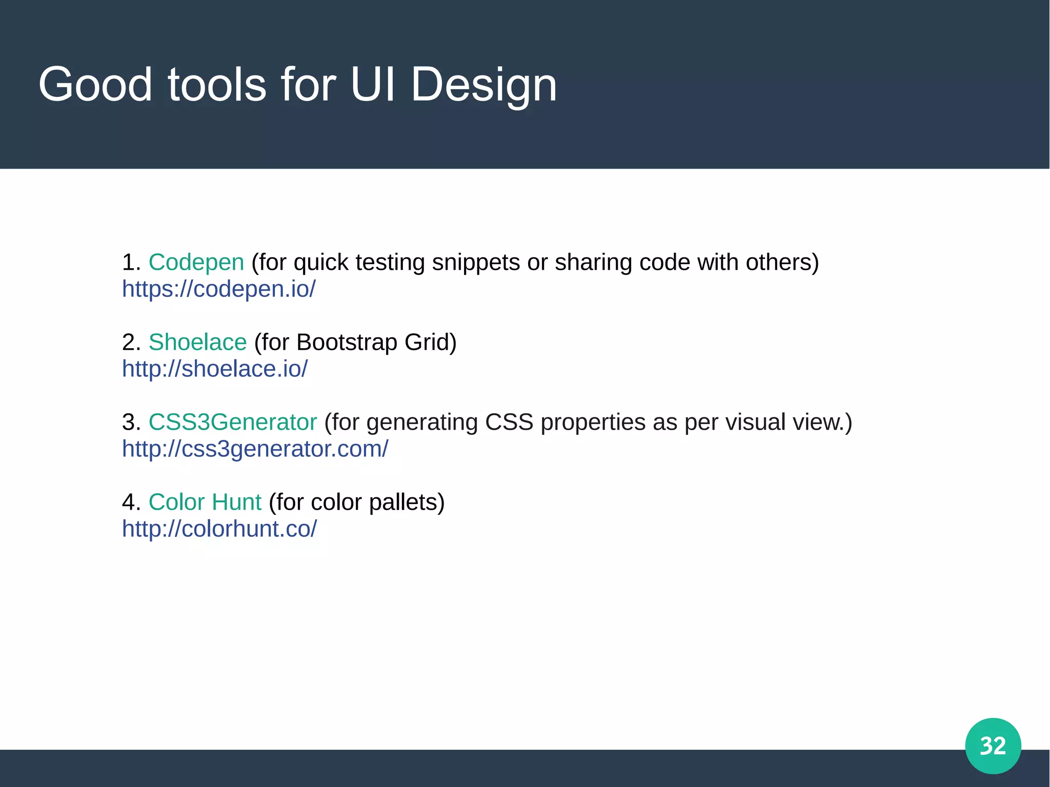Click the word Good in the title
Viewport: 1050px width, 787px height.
(95, 85)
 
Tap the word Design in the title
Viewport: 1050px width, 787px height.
(483, 85)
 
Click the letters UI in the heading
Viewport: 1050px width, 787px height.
(373, 85)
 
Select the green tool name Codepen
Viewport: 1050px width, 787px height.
(196, 263)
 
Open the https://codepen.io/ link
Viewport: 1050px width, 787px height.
(219, 289)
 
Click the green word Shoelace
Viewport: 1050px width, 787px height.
(197, 342)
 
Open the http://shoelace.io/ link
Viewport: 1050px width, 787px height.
(215, 369)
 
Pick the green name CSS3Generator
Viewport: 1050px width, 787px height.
(233, 422)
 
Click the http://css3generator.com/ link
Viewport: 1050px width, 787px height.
(255, 449)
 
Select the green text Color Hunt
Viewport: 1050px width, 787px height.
(205, 502)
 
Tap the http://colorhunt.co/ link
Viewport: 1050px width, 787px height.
(219, 529)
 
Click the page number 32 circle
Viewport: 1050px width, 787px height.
(993, 745)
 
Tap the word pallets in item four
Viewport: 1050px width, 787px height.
(407, 502)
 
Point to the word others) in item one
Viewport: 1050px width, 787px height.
(782, 263)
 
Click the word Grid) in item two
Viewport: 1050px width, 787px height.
(430, 342)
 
